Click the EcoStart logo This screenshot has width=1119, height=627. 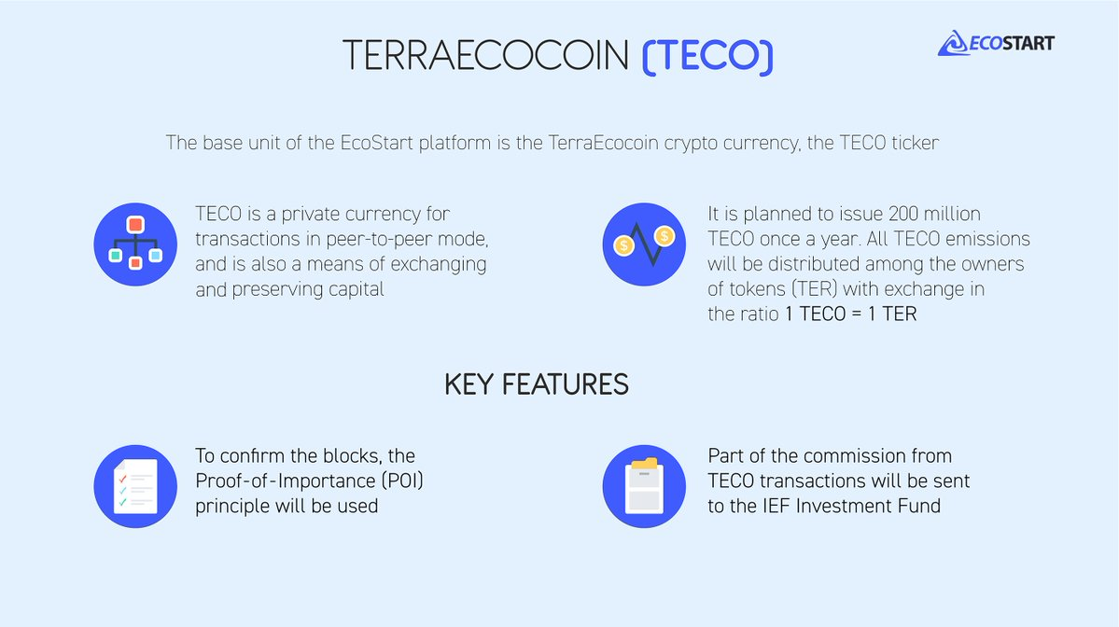point(996,44)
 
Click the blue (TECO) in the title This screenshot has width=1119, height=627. point(707,56)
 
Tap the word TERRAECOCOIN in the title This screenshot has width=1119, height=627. point(485,56)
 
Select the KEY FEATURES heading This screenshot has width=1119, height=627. point(536,384)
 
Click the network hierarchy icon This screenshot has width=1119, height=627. point(135,244)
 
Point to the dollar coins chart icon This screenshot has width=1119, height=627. point(644,244)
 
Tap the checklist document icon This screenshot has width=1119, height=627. point(135,486)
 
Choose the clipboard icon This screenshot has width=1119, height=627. point(644,486)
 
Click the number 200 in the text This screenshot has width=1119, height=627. point(902,214)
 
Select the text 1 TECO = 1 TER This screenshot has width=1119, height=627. point(850,313)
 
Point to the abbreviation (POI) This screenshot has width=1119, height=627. point(402,481)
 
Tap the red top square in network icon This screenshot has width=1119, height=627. point(135,225)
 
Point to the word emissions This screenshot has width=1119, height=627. point(987,239)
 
